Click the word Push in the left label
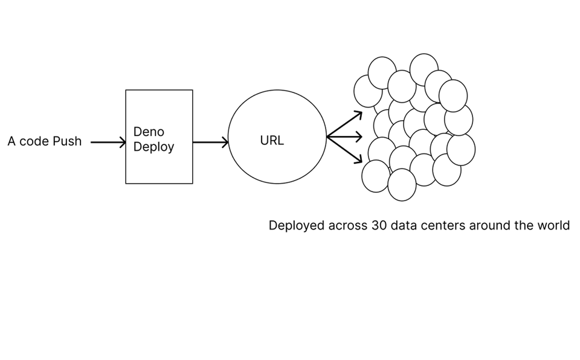(67, 141)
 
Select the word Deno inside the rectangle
(149, 132)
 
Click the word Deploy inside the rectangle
(153, 147)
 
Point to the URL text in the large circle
(272, 141)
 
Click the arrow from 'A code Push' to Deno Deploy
(108, 142)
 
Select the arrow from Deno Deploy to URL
(210, 142)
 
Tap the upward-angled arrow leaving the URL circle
(344, 124)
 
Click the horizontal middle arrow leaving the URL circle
(344, 137)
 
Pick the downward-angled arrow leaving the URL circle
(344, 150)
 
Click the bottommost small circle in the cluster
(402, 185)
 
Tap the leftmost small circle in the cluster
(368, 91)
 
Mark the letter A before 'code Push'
(11, 141)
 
